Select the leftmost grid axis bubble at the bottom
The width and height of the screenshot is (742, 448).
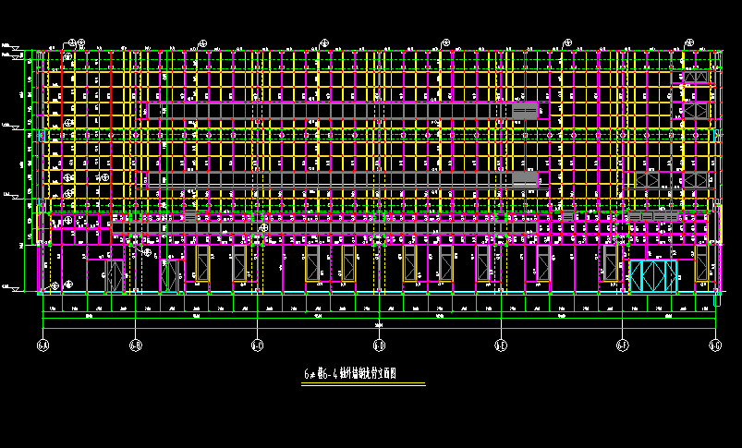point(43,346)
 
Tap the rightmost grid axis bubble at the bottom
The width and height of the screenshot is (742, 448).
point(714,346)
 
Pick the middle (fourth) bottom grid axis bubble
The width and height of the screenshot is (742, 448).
point(379,346)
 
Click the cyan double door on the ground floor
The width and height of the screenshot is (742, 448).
point(653,275)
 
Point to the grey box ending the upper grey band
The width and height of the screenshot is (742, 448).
point(526,111)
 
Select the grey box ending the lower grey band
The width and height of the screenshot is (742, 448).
point(525,177)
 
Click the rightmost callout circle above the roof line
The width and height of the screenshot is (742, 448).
point(691,42)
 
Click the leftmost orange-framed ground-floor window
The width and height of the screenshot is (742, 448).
point(201,263)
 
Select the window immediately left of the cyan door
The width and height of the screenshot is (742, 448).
point(610,262)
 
